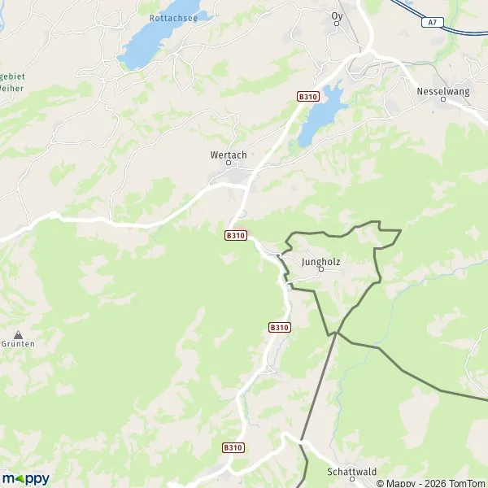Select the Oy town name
(x=337, y=15)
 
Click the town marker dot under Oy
(x=337, y=24)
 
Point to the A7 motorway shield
(x=434, y=23)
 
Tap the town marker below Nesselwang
(x=443, y=100)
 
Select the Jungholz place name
(x=320, y=262)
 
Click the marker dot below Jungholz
(x=320, y=271)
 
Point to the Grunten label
(x=18, y=343)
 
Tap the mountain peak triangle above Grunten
(x=18, y=333)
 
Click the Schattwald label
(x=352, y=471)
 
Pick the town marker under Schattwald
(x=352, y=480)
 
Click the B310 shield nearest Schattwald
(x=233, y=447)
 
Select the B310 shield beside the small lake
(x=307, y=96)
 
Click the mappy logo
(x=25, y=478)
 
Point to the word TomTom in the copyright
(x=464, y=483)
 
